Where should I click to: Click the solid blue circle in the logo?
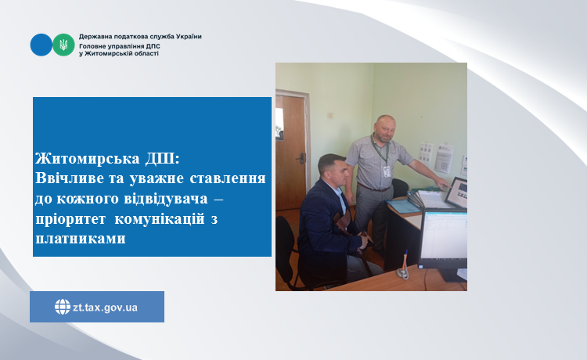pos(41,45)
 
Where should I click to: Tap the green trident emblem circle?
pos(63,45)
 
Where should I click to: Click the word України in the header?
pos(189,37)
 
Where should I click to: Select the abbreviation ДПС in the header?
pos(153,46)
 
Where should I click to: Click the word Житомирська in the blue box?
pos(88,159)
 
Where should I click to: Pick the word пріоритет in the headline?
pos(70,219)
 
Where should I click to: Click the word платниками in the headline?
pos(81,239)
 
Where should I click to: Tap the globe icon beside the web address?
pos(63,307)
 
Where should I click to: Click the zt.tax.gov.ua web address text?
pos(105,308)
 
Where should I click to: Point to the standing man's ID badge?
pos(387,171)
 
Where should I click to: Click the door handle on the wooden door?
pos(301,159)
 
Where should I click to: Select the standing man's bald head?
pos(384,128)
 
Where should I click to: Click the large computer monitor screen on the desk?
pos(444,235)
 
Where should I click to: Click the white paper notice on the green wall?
pos(445,158)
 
